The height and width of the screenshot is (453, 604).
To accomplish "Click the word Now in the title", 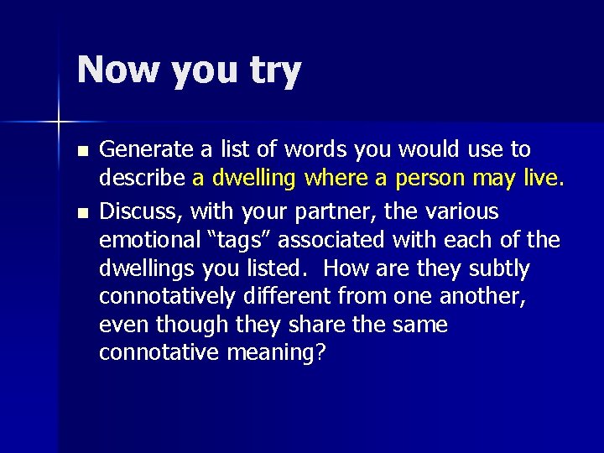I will point(117,70).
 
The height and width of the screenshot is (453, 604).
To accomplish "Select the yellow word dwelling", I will point(250,179).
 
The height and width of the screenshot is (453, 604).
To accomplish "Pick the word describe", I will point(143,178).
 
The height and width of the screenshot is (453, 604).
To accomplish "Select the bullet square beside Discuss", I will point(81,211).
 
